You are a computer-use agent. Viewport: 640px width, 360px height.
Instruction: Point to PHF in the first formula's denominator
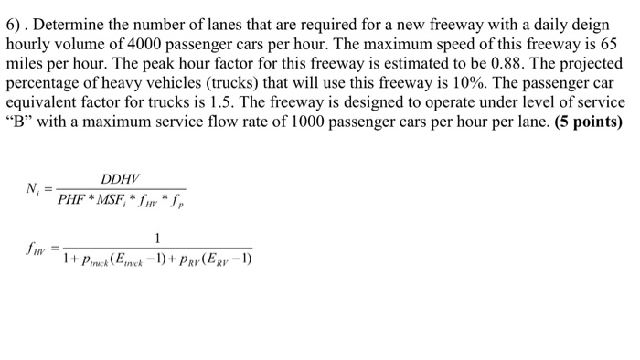point(71,198)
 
